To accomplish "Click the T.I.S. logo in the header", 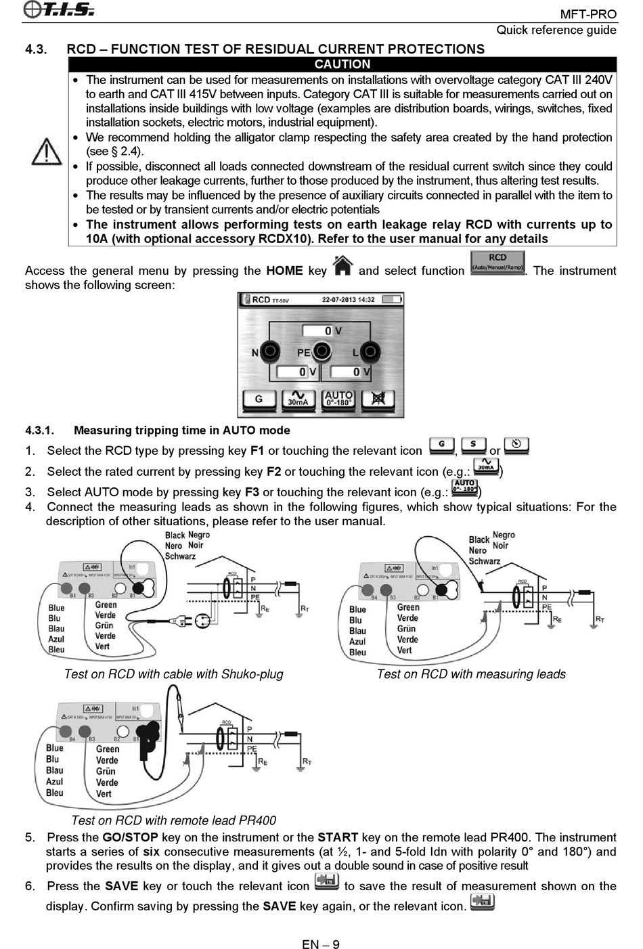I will [x=59, y=9].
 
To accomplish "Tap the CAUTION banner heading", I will [x=342, y=64].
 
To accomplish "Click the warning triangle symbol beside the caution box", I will [x=47, y=151].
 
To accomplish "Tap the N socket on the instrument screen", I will [x=271, y=351].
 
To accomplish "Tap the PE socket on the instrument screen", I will [x=322, y=351].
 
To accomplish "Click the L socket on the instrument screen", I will [x=370, y=351].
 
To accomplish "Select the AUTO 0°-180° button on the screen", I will [x=338, y=399].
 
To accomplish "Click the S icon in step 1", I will [x=473, y=446].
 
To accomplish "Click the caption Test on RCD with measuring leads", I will [x=471, y=674].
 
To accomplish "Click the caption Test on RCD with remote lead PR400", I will [x=173, y=820].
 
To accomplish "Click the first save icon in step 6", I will [x=327, y=882].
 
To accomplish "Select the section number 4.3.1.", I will [x=39, y=431].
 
